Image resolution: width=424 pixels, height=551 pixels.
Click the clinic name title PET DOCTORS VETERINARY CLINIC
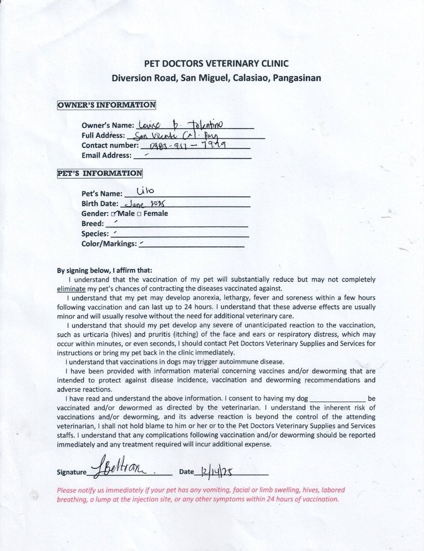[217, 64]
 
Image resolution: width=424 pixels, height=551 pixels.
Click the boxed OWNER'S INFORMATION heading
[107, 105]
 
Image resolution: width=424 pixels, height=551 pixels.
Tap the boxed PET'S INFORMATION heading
[100, 173]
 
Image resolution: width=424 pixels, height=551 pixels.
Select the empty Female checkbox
[139, 214]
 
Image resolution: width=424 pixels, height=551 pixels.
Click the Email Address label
[107, 155]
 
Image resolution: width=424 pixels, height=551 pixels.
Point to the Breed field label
[93, 223]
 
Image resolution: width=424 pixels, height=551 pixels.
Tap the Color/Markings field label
[109, 244]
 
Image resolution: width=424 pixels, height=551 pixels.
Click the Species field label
[95, 234]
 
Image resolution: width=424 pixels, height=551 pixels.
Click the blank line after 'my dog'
[337, 398]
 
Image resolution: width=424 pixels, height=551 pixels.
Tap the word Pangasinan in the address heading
[297, 79]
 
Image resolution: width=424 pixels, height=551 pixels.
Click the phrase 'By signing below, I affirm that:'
[104, 270]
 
